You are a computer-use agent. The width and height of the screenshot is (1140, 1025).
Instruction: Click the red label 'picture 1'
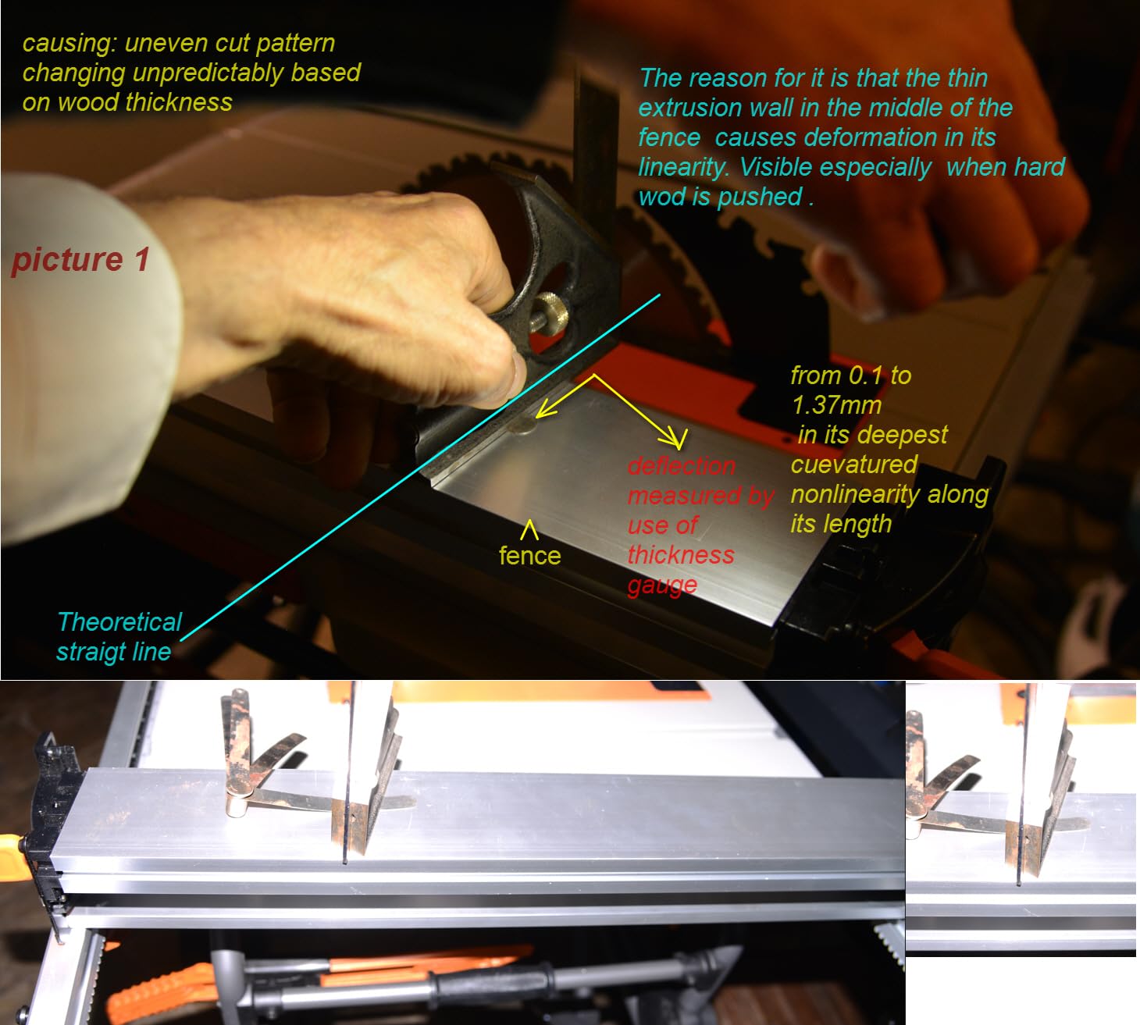[x=80, y=260]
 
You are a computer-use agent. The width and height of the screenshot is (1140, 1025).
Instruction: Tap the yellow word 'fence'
[x=529, y=556]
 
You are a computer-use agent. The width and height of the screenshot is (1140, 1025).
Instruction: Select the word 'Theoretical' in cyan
[x=119, y=621]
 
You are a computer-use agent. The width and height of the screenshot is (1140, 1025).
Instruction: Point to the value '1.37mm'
[x=836, y=405]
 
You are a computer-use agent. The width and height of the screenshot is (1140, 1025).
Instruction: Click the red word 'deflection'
[x=682, y=465]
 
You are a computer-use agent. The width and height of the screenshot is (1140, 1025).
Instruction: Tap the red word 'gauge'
[x=662, y=585]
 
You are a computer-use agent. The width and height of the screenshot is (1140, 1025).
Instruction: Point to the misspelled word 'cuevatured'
[x=853, y=464]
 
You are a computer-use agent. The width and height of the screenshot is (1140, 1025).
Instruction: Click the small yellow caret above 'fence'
[x=529, y=529]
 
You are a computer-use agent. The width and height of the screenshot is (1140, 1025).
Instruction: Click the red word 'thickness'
[x=681, y=554]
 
